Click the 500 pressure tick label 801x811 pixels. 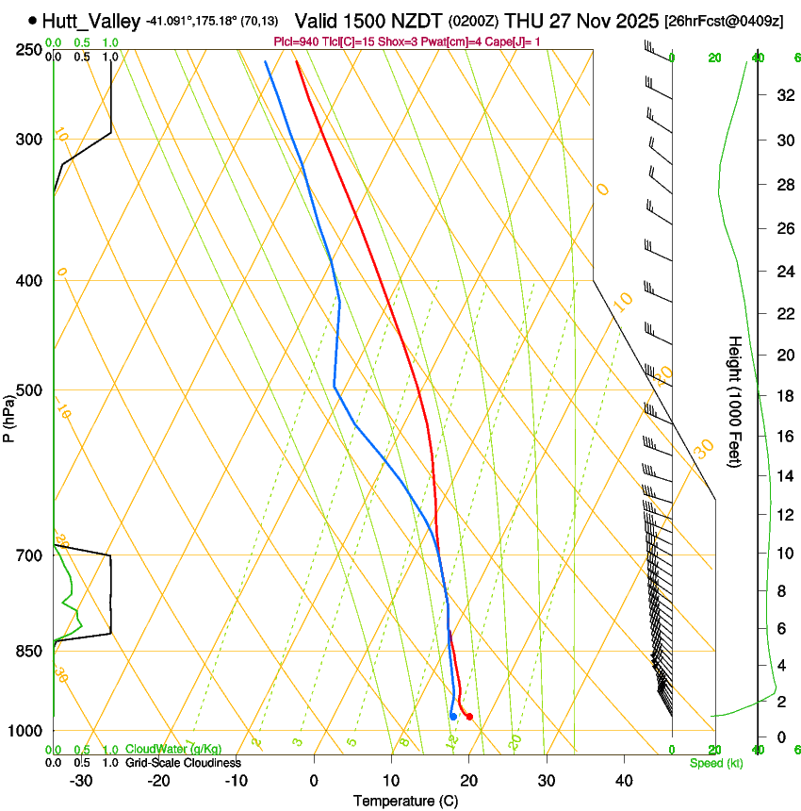coord(29,390)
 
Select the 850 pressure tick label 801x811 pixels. coord(29,651)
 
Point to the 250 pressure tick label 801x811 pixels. coord(29,50)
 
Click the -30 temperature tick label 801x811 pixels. coord(81,781)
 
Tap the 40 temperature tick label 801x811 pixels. coord(623,781)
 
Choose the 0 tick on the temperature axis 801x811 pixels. coord(314,781)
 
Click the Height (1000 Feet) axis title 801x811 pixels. coord(736,401)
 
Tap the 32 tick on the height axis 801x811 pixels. coord(782,95)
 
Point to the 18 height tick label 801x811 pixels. coord(782,396)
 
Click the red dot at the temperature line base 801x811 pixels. coord(469,718)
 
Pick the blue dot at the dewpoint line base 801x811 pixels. coord(453,717)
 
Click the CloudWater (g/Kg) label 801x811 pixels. coord(173,750)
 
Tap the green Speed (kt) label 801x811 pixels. coord(715,763)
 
